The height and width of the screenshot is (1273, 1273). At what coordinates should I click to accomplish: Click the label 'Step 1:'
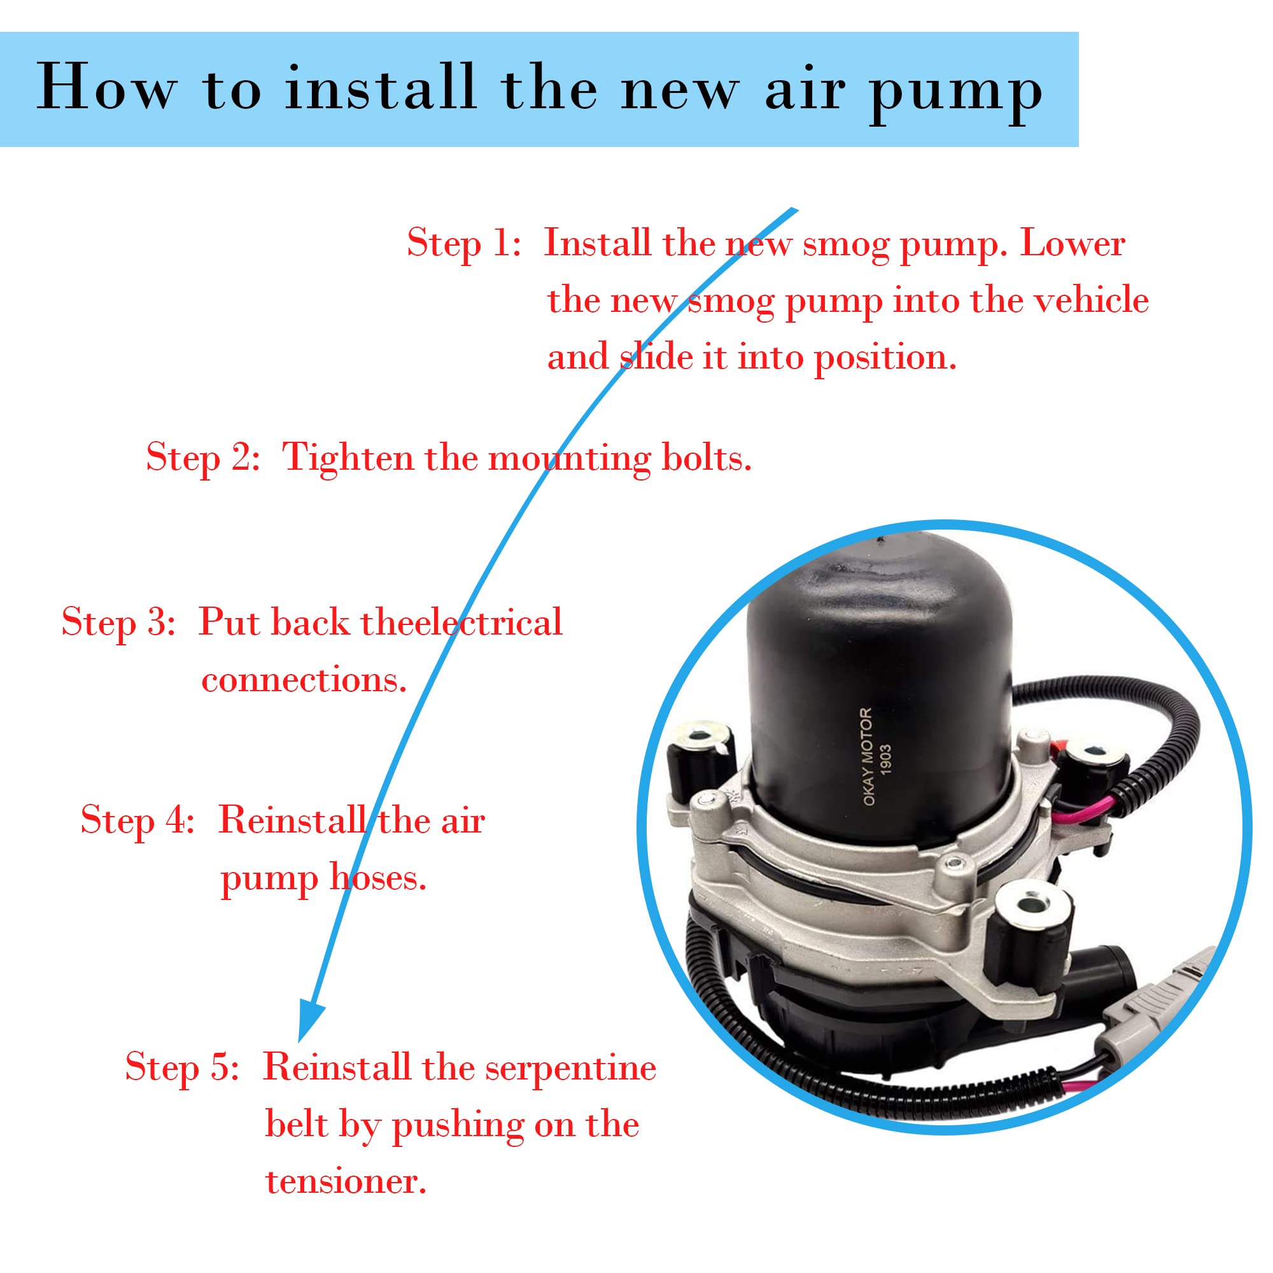(464, 244)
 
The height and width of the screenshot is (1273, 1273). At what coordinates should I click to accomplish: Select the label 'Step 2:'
(203, 458)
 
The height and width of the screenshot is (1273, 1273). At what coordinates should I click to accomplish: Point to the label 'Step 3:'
(118, 622)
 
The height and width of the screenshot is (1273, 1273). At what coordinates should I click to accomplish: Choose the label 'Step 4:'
(137, 822)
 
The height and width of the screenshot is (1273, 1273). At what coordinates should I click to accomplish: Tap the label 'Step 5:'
(182, 1067)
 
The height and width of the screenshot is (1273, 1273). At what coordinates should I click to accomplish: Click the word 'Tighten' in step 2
(348, 458)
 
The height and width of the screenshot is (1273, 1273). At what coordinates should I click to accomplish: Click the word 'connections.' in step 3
(304, 680)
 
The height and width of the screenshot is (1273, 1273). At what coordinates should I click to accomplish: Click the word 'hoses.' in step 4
(378, 878)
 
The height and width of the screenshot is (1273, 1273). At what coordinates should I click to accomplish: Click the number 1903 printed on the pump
(885, 757)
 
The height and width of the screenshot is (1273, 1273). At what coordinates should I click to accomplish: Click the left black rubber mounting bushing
(698, 757)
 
